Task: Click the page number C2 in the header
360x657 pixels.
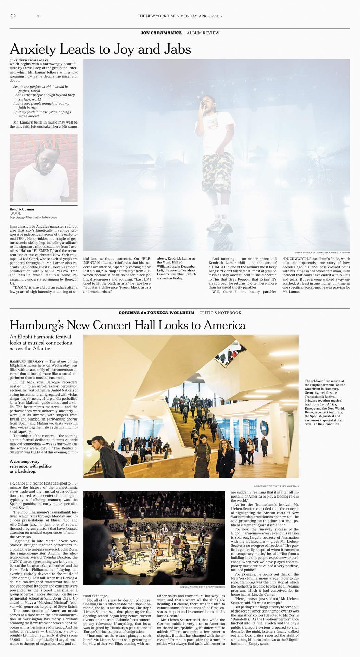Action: point(13,16)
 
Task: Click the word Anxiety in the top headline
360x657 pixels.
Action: point(33,50)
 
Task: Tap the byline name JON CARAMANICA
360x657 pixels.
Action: point(161,33)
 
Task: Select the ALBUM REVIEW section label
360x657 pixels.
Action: point(203,33)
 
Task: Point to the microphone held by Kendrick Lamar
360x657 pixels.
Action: point(200,100)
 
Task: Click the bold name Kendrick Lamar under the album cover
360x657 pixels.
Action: point(22,209)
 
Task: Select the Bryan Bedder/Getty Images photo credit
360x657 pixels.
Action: point(322,253)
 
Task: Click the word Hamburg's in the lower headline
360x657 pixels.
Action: point(38,325)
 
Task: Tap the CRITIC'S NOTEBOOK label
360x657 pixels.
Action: point(220,313)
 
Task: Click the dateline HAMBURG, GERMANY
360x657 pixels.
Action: point(27,361)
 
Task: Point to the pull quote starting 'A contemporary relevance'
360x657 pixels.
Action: point(31,466)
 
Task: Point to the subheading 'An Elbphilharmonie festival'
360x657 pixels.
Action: point(40,337)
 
